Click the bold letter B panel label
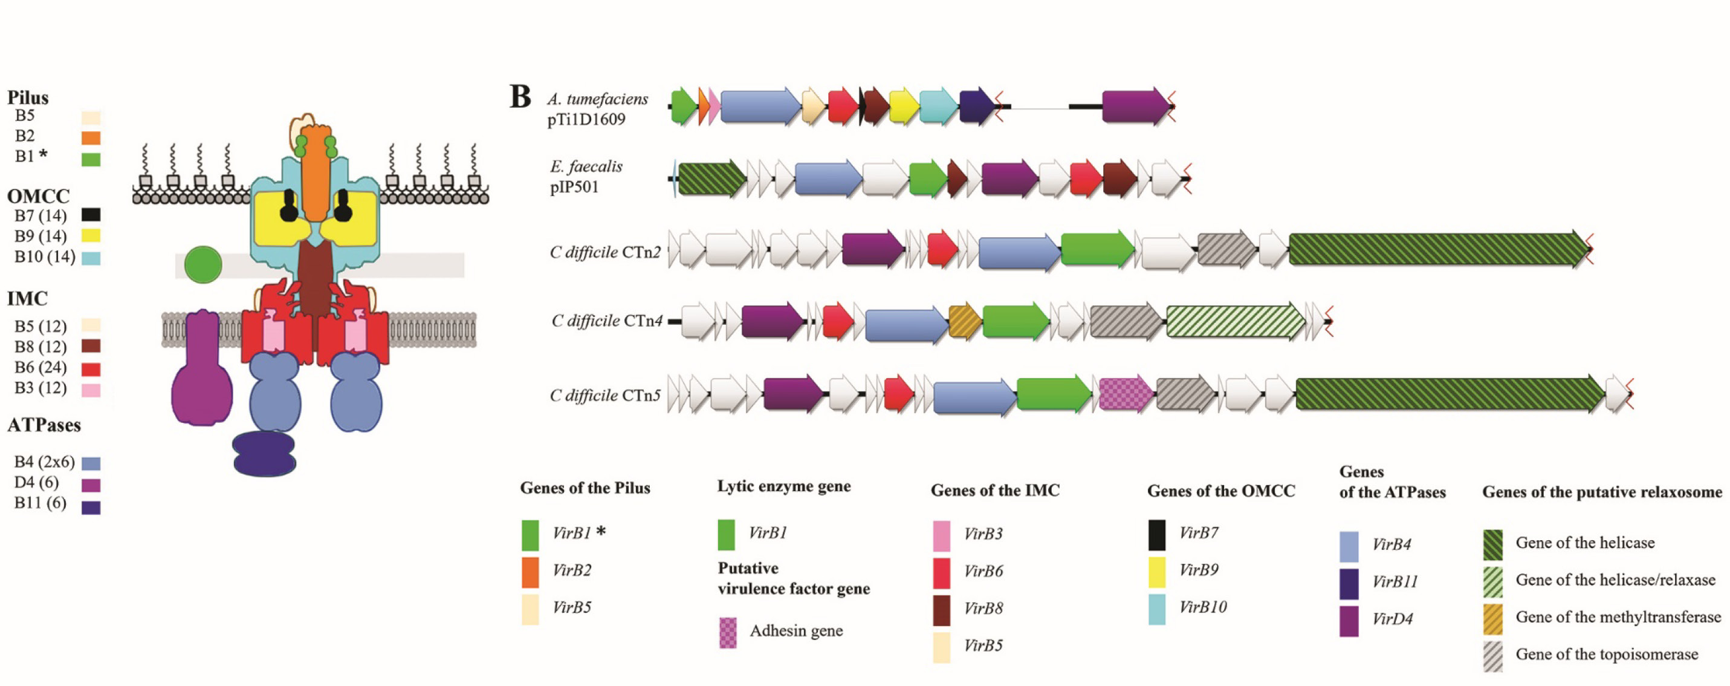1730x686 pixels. [x=520, y=97]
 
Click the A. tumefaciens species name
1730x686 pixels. [x=597, y=99]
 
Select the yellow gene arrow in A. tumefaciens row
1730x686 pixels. [x=903, y=106]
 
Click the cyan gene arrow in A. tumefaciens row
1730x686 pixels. [x=938, y=106]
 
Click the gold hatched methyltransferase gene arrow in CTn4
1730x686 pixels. [x=964, y=321]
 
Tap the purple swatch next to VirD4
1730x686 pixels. [x=1349, y=620]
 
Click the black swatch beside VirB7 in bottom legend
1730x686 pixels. [x=1156, y=534]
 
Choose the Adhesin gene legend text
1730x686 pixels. [x=796, y=631]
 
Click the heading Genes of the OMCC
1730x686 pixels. [x=1220, y=491]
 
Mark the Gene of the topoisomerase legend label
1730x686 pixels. [x=1607, y=655]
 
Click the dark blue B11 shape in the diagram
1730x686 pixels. [x=264, y=454]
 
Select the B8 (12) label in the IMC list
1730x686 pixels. [x=41, y=347]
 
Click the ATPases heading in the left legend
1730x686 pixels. [x=44, y=425]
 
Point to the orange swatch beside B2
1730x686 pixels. [x=91, y=138]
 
